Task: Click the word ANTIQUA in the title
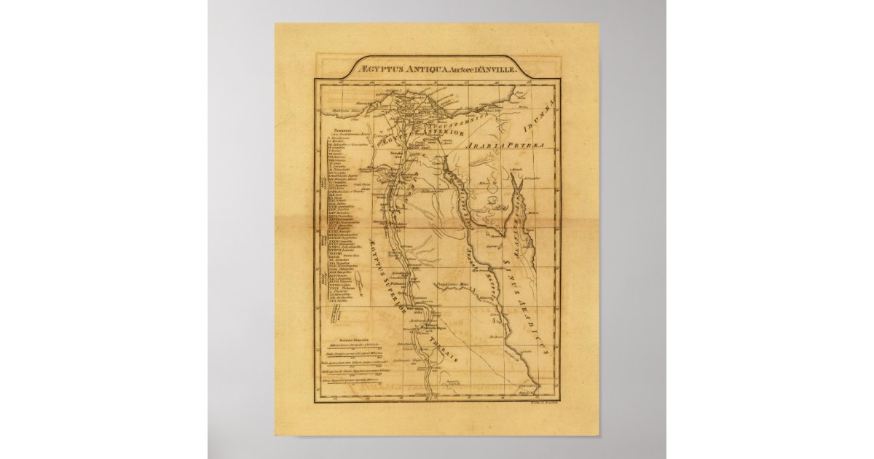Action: (426, 70)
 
